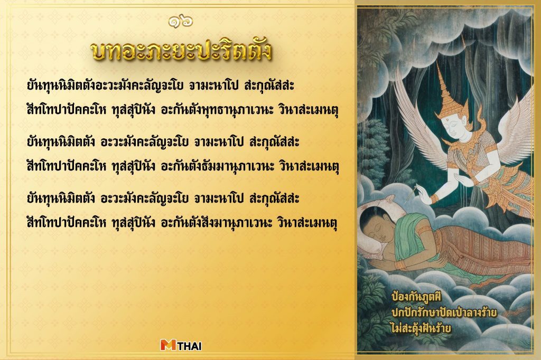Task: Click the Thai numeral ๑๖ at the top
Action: [x=181, y=22]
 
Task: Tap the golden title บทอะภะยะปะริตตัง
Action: [x=181, y=51]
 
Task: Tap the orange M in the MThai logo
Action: [x=169, y=346]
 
